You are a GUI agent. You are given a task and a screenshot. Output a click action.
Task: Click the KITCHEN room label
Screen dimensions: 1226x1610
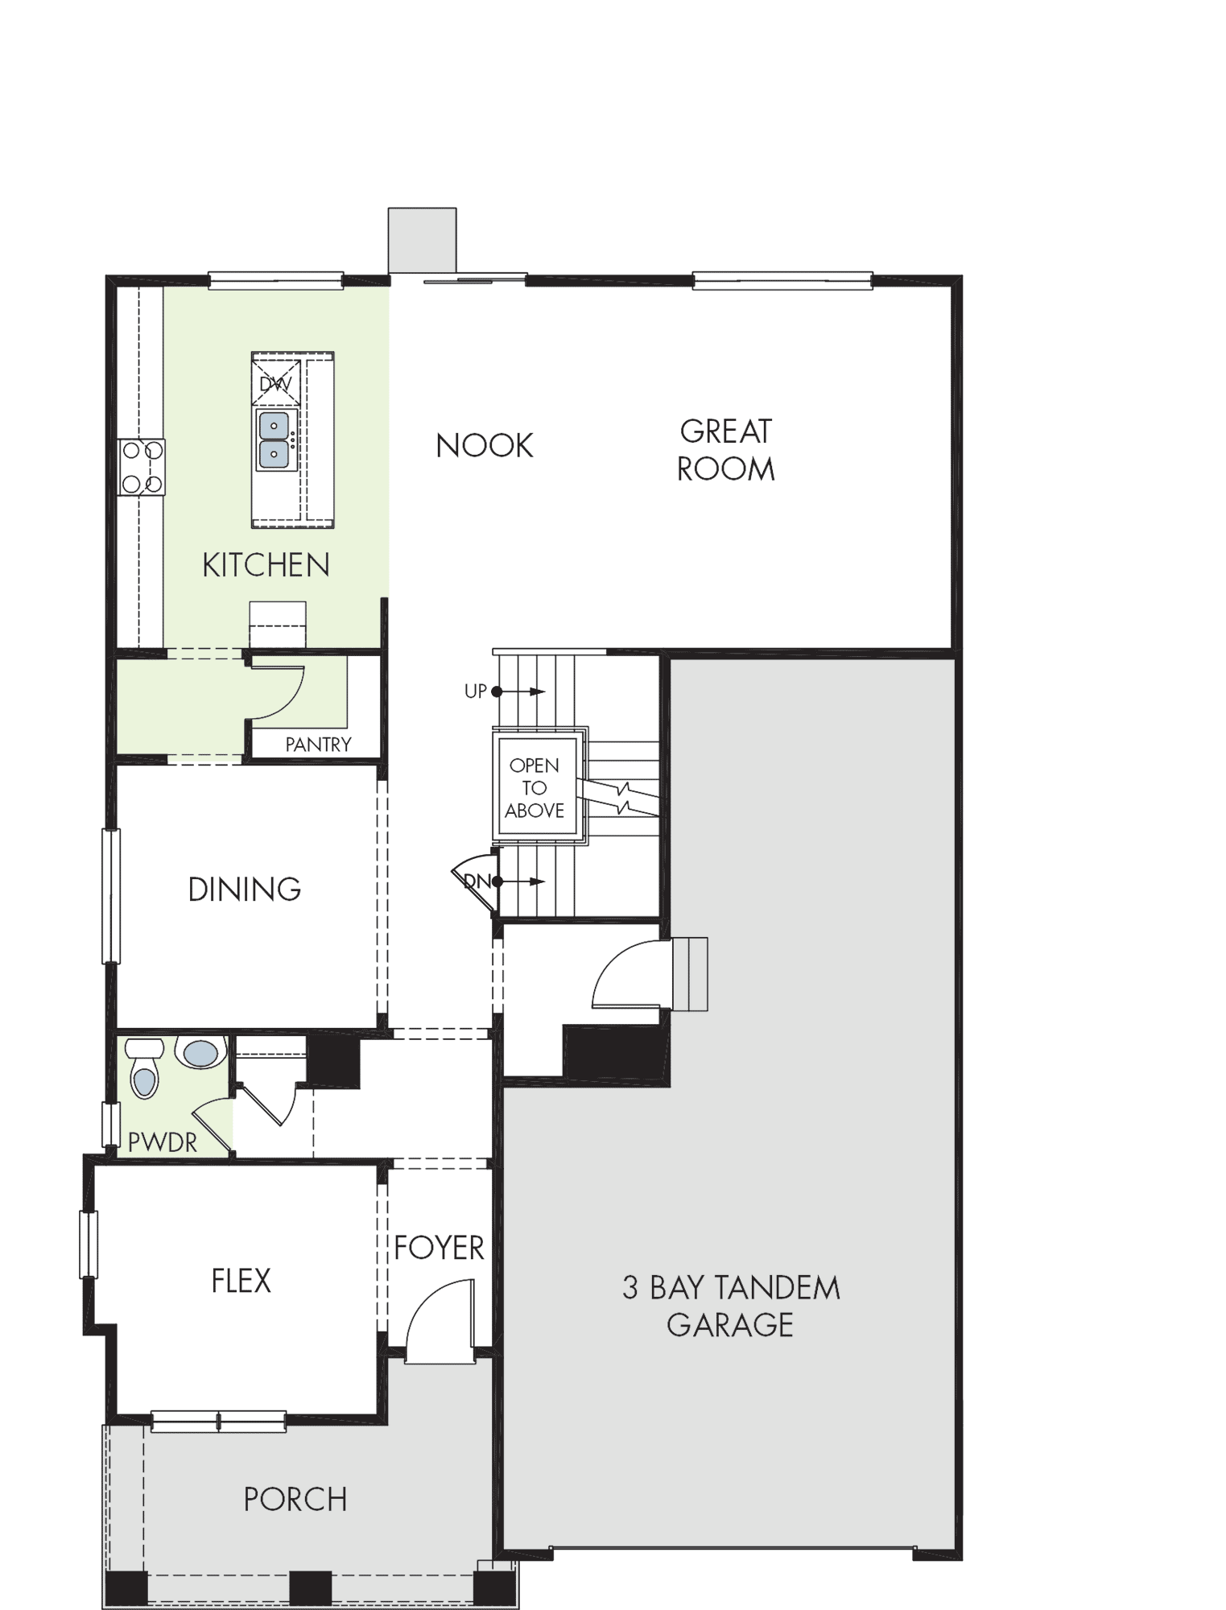(x=266, y=565)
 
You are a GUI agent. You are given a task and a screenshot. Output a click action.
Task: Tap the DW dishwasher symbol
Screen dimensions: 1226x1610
(x=275, y=383)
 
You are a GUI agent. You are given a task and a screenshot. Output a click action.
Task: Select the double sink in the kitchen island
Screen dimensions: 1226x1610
(x=275, y=440)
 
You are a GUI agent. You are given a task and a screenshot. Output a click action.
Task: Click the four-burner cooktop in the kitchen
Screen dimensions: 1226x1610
(x=142, y=467)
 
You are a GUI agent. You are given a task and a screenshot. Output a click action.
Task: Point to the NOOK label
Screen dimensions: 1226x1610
(x=485, y=446)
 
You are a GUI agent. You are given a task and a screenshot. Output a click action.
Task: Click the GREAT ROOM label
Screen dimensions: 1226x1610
(x=726, y=450)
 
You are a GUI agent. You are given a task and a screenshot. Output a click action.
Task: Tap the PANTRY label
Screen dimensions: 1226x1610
(x=319, y=745)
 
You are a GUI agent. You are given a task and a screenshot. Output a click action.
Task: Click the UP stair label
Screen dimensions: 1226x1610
(x=476, y=691)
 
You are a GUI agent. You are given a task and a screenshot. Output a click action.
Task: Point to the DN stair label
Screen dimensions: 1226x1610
(x=477, y=881)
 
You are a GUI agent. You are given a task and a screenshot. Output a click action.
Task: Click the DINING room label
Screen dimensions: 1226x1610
(x=245, y=890)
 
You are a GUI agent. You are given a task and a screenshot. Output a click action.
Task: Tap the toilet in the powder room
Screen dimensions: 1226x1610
(x=144, y=1067)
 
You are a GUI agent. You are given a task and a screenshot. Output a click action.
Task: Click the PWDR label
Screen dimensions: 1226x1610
(x=162, y=1141)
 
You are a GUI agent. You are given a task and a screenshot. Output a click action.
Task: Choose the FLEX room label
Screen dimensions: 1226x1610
(x=241, y=1281)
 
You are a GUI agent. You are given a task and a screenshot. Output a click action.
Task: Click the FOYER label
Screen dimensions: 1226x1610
(x=439, y=1248)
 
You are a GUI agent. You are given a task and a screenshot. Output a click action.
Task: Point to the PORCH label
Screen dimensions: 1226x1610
(x=295, y=1500)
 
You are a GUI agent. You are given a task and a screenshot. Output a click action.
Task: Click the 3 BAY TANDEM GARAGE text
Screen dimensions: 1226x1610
(x=731, y=1306)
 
